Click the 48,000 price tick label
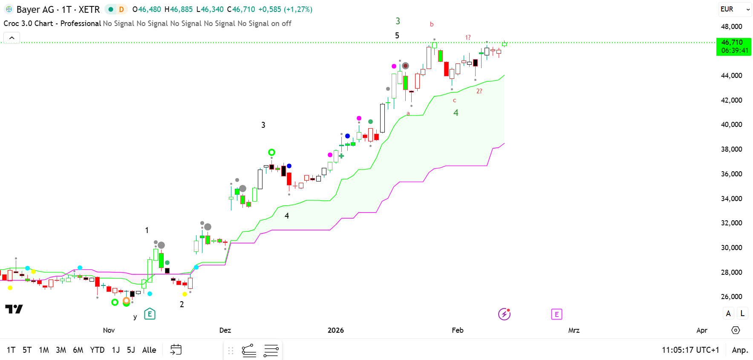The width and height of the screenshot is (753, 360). pyautogui.click(x=731, y=26)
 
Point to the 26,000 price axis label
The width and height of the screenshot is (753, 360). pyautogui.click(x=731, y=297)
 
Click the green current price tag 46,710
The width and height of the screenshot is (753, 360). pyautogui.click(x=733, y=46)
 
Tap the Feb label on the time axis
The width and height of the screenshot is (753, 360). pyautogui.click(x=457, y=330)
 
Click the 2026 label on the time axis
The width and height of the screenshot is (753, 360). pyautogui.click(x=335, y=330)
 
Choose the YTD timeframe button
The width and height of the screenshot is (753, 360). pyautogui.click(x=97, y=350)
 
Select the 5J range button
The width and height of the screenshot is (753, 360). pyautogui.click(x=131, y=350)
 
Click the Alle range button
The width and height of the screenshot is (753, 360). pyautogui.click(x=149, y=350)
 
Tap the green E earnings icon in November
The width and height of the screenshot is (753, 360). pyautogui.click(x=150, y=314)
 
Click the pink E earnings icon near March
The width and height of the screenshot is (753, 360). pyautogui.click(x=557, y=314)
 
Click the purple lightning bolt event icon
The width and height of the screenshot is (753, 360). pyautogui.click(x=504, y=314)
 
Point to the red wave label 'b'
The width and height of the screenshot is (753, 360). pyautogui.click(x=432, y=24)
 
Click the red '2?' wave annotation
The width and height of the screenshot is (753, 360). pyautogui.click(x=479, y=91)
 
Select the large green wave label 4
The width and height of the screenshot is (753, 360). pyautogui.click(x=456, y=113)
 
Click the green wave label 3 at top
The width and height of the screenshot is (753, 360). pyautogui.click(x=398, y=21)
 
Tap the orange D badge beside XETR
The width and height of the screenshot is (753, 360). pyautogui.click(x=121, y=9)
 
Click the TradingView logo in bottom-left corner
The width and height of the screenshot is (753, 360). pyautogui.click(x=14, y=309)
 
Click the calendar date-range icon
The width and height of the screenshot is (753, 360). pyautogui.click(x=176, y=350)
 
